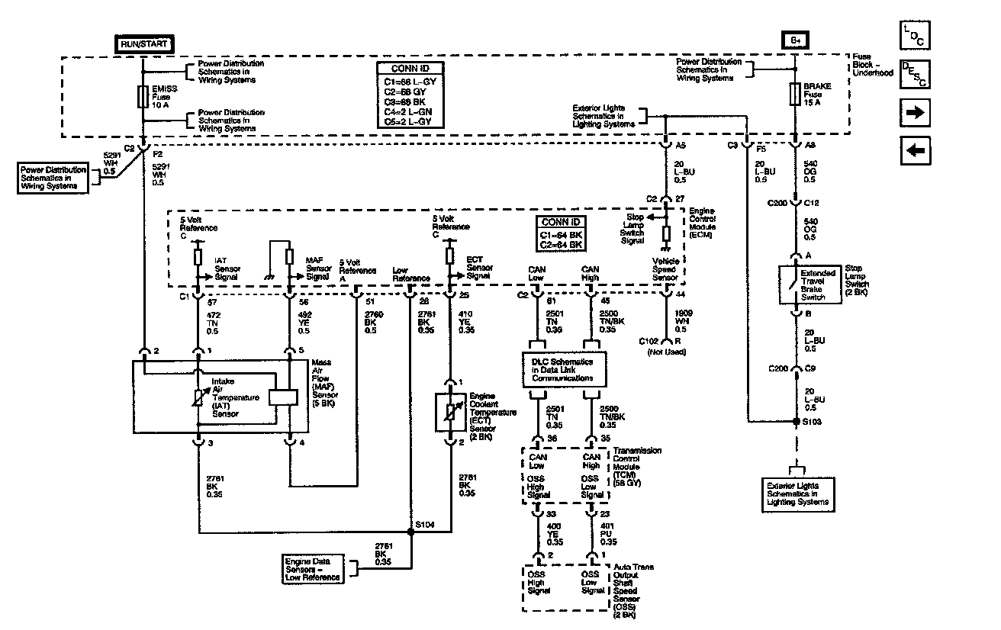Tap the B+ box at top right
pos(796,40)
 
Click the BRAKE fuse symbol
pos(795,95)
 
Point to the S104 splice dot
pos(412,532)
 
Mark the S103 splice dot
pos(795,420)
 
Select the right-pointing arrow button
pos(915,113)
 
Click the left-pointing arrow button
pos(915,150)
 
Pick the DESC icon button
pos(914,74)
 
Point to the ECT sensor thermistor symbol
pos(450,413)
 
